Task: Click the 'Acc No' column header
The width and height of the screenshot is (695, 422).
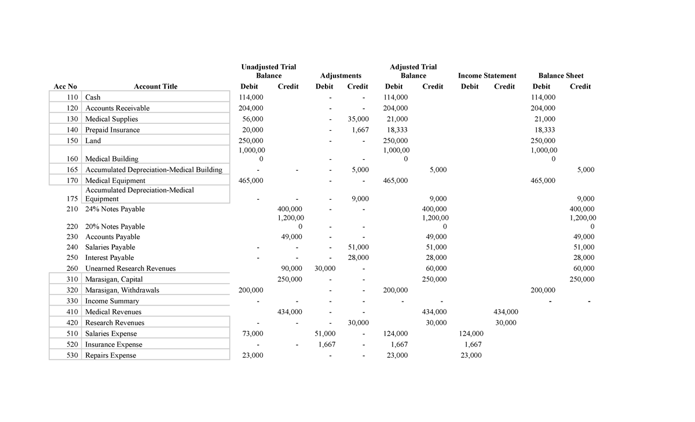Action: coord(65,86)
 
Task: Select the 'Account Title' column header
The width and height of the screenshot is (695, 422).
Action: coord(155,86)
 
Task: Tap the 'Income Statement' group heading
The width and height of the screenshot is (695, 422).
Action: coord(487,75)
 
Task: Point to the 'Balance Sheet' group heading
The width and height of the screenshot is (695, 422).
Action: coord(561,75)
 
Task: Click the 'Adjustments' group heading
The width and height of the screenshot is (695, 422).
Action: coord(341,75)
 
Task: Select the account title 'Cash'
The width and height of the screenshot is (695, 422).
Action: coord(93,97)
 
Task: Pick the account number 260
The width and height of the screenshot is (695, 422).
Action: coord(72,269)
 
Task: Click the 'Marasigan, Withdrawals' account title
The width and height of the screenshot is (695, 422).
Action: coord(122,290)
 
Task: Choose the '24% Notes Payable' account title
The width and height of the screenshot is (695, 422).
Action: coord(115,209)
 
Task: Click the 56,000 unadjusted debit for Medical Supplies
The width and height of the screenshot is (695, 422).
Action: coord(252,119)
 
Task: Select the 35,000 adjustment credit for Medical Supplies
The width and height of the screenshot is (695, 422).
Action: coord(358,119)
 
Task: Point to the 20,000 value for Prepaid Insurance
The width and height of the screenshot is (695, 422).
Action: coord(252,130)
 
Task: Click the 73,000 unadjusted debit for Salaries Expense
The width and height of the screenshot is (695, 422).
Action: coord(252,333)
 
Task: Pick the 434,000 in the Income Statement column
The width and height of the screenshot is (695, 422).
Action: coord(504,312)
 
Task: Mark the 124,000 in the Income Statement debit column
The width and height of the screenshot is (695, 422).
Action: coord(470,333)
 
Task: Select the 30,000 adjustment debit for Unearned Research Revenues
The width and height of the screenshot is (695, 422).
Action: coord(324,269)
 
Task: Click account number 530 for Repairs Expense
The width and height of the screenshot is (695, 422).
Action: coord(72,355)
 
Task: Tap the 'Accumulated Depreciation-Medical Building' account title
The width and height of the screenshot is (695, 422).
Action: coord(153,170)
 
